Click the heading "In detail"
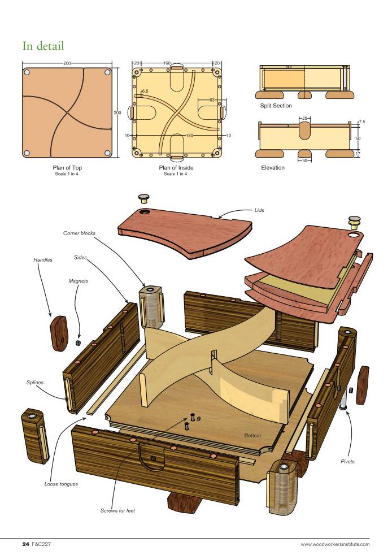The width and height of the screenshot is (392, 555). (x=43, y=46)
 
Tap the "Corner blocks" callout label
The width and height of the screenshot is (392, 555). (x=79, y=233)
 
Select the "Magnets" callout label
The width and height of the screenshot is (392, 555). (x=78, y=281)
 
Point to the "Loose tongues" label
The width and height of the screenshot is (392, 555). (x=61, y=484)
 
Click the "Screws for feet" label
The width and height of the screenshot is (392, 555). (x=118, y=511)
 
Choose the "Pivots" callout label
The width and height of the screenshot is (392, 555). (x=347, y=462)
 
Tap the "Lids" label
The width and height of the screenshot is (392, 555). (x=259, y=210)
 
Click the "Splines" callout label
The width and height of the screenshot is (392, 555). (x=34, y=383)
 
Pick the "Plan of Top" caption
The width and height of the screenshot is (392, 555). (x=67, y=168)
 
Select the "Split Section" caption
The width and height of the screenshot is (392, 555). (x=276, y=106)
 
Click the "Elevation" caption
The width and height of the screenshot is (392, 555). (x=273, y=168)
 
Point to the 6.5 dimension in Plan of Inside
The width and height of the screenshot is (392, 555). (x=145, y=92)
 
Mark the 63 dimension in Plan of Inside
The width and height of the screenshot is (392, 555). (x=212, y=100)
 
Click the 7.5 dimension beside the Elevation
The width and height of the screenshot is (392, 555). (x=362, y=122)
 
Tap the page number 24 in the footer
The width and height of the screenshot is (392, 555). (x=25, y=544)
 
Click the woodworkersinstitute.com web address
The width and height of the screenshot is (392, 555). (x=335, y=544)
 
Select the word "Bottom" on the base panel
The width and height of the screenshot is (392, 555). (x=252, y=435)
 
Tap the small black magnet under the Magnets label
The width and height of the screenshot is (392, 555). (x=79, y=342)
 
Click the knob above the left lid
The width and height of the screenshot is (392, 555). (x=143, y=198)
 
